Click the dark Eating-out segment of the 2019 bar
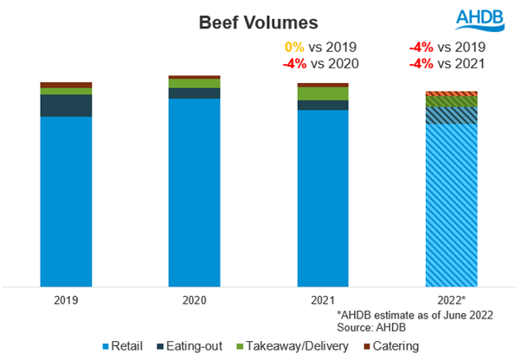tap(67, 105)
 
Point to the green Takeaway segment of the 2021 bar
tap(323, 93)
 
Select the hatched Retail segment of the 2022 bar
tap(451, 204)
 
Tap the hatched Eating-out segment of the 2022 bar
tap(451, 115)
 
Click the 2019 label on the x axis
tap(67, 302)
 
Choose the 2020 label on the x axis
tap(194, 302)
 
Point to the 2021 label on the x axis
tap(323, 302)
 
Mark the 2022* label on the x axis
tap(451, 302)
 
